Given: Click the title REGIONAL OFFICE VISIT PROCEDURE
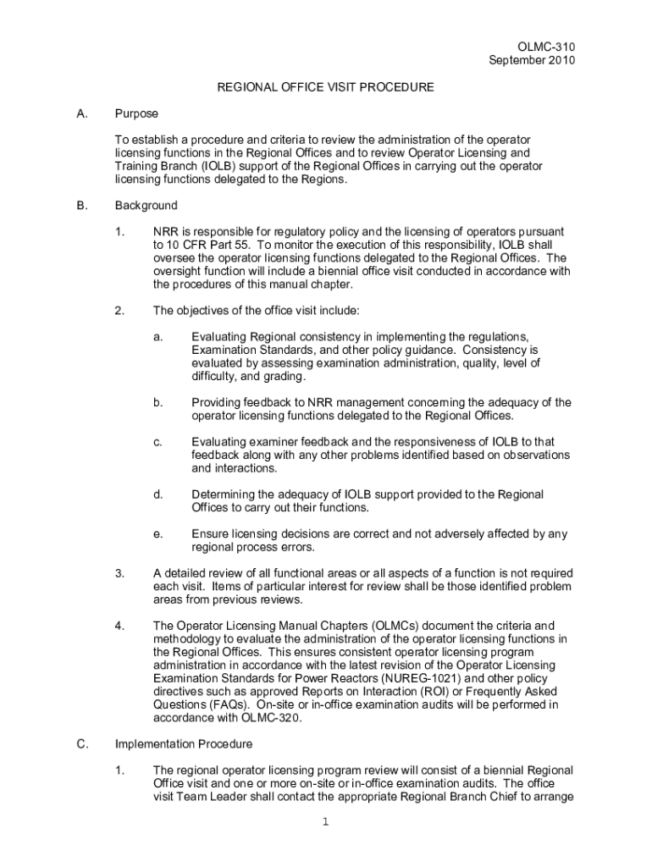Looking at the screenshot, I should [326, 86].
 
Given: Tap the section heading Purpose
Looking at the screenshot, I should [136, 113].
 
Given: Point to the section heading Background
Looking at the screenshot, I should [146, 205].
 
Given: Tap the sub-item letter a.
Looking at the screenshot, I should [157, 336].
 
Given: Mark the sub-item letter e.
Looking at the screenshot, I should [157, 534].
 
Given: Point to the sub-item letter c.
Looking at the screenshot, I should [157, 442].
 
